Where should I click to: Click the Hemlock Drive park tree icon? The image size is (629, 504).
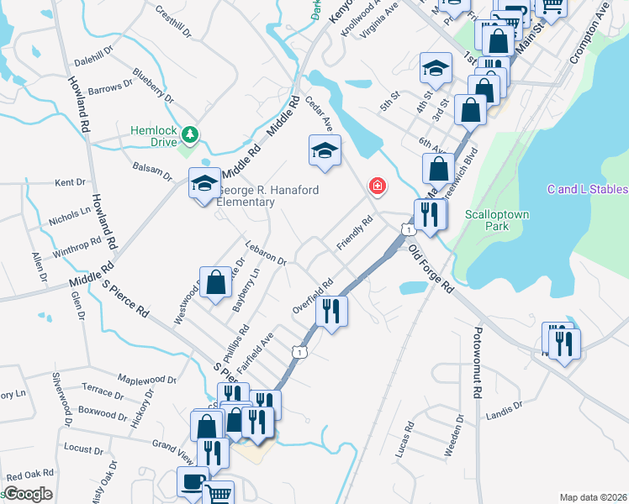191,134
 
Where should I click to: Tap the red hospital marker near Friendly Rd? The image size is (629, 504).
377,186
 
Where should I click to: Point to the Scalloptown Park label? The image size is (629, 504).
497,220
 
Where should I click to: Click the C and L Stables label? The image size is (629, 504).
587,190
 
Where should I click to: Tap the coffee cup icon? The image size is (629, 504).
193,483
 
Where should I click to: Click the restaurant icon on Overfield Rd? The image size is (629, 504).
331,312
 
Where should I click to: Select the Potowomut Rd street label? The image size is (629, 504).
477,361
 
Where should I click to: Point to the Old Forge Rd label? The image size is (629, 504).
431,269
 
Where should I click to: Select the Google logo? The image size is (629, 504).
28,494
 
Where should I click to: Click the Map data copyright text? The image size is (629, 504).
592,497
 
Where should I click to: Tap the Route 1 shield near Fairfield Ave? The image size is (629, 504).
299,352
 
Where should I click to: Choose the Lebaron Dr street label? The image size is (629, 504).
267,255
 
